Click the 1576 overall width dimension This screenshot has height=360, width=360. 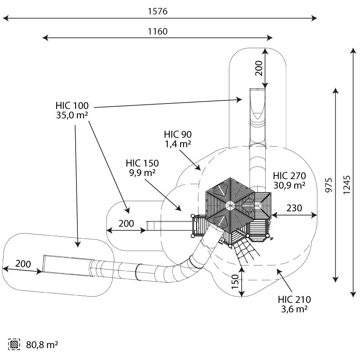pyautogui.click(x=157, y=11)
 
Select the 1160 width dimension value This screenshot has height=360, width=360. pyautogui.click(x=157, y=31)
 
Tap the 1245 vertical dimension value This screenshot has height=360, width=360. pyautogui.click(x=346, y=185)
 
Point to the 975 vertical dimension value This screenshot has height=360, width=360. pyautogui.click(x=329, y=185)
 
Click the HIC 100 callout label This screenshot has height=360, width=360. pyautogui.click(x=72, y=106)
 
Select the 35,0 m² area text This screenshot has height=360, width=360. pyautogui.click(x=72, y=115)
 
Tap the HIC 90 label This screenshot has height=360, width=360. pyautogui.click(x=178, y=134)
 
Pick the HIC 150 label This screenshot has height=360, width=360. pyautogui.click(x=142, y=163)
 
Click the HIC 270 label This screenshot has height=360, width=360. pyautogui.click(x=289, y=176)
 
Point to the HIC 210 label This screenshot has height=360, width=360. pyautogui.click(x=294, y=299)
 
